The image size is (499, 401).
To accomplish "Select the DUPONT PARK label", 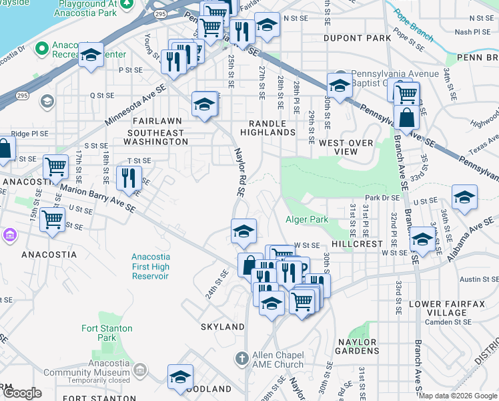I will (357, 38).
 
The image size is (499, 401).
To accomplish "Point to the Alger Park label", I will (307, 219).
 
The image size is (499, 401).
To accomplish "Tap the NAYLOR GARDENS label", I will (356, 346).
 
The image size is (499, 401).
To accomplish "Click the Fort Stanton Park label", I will (107, 333).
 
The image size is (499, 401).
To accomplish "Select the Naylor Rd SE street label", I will (238, 172).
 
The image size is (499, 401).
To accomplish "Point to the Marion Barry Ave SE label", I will (97, 199).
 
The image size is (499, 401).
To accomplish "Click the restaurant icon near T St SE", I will (129, 177).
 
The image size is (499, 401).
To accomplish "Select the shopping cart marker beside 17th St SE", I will (56, 166).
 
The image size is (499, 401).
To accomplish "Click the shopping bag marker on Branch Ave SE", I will (406, 118).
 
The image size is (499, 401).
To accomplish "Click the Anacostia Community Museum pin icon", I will (139, 370).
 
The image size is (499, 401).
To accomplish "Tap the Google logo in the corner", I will (22, 393).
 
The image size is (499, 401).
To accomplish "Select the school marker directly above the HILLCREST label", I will (422, 237).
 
